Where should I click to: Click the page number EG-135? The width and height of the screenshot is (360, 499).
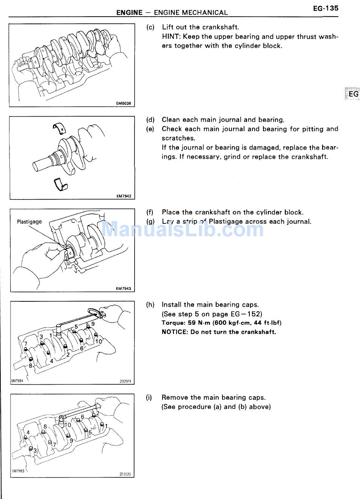coord(326,8)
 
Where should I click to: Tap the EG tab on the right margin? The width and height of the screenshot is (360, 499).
coord(353,94)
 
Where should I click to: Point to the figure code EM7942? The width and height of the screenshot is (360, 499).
coord(124,196)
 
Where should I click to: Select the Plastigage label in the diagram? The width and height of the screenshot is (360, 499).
coord(29,221)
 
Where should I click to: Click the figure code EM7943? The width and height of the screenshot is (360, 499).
coord(124,288)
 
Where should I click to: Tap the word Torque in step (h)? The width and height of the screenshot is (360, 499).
coord(173,323)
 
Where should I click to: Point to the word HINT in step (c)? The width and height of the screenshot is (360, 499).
coord(171,37)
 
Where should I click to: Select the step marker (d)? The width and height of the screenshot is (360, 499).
coord(150,120)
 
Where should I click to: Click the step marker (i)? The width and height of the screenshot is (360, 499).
coord(149,398)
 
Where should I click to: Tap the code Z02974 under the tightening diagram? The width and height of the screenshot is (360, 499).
coord(125,381)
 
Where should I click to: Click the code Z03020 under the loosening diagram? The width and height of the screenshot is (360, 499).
coord(125,474)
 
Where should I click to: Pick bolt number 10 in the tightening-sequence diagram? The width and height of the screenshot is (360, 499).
coord(99,341)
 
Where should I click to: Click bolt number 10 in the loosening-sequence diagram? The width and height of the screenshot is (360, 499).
coord(68,425)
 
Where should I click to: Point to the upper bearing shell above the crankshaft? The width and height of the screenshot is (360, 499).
coord(59,128)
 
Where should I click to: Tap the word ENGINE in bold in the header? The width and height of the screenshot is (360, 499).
coord(129,12)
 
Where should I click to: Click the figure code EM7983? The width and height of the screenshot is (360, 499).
coord(18,471)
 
